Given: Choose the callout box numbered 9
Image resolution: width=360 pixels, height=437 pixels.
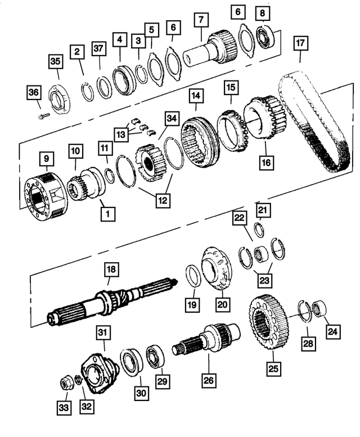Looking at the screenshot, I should pos(46,160).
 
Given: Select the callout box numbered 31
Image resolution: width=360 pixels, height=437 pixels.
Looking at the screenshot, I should pos(102,334).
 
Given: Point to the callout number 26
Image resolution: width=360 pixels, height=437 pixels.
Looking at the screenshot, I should pos(209,381).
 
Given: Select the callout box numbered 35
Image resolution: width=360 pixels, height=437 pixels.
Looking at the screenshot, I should pos(55,61).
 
